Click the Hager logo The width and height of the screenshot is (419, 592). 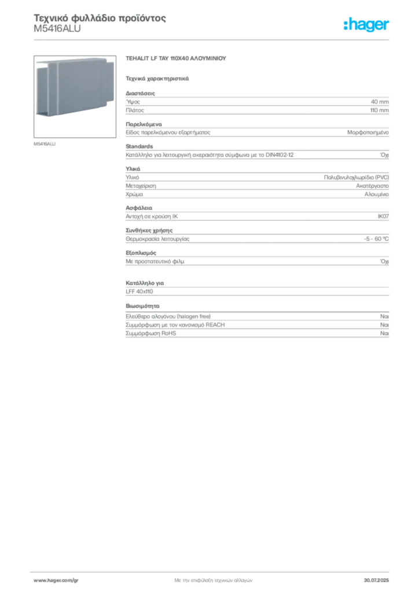(366, 25)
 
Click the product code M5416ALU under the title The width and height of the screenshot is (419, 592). (57, 29)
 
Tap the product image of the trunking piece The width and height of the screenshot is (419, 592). (75, 97)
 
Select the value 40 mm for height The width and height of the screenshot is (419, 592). (380, 102)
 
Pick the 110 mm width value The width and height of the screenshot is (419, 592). (379, 110)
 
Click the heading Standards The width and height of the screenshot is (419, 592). (139, 146)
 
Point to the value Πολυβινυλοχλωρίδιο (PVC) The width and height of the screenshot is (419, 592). (356, 177)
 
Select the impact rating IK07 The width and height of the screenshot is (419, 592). (383, 216)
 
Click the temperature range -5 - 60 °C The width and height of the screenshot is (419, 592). (376, 239)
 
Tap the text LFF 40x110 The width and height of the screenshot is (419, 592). (139, 291)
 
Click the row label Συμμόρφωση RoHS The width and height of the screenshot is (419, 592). (150, 334)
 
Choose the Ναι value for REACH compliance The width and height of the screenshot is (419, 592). (385, 325)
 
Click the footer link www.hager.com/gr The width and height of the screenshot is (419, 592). (56, 580)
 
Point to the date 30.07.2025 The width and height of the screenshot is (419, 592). (376, 580)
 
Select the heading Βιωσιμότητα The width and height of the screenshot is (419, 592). (142, 306)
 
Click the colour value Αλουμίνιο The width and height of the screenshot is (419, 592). (377, 194)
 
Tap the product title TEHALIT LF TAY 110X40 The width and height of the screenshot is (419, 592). (176, 58)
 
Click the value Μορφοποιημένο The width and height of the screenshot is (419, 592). (368, 132)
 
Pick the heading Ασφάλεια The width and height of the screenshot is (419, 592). (139, 208)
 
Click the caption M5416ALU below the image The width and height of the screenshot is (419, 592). (45, 144)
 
